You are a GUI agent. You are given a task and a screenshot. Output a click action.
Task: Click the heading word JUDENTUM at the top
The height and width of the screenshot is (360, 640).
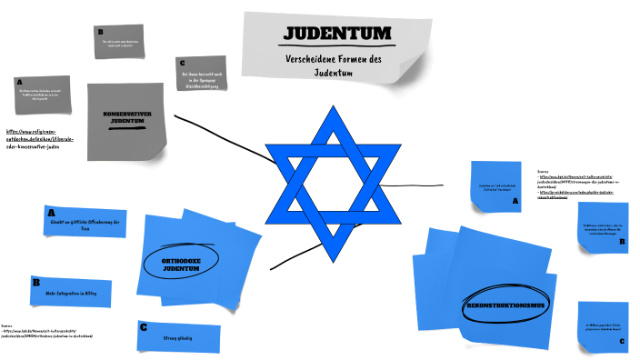point(337,34)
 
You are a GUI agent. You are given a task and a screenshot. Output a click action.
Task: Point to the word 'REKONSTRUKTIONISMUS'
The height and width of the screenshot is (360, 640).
point(505,305)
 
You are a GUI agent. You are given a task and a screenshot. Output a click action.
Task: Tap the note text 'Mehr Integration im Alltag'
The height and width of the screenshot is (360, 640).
point(76,293)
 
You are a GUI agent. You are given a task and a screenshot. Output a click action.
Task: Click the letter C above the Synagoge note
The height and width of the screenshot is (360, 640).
point(183,62)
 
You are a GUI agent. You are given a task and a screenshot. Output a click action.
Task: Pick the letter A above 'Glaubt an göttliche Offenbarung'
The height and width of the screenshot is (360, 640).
point(51,212)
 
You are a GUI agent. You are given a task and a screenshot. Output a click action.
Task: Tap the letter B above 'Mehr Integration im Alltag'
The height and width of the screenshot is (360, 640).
point(35,283)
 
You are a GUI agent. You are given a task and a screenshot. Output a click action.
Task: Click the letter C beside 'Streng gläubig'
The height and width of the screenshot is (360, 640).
point(143,327)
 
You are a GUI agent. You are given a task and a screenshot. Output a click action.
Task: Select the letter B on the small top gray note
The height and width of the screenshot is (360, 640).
point(101,32)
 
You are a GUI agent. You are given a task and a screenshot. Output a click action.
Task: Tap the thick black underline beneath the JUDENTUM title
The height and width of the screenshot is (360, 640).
point(337,45)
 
